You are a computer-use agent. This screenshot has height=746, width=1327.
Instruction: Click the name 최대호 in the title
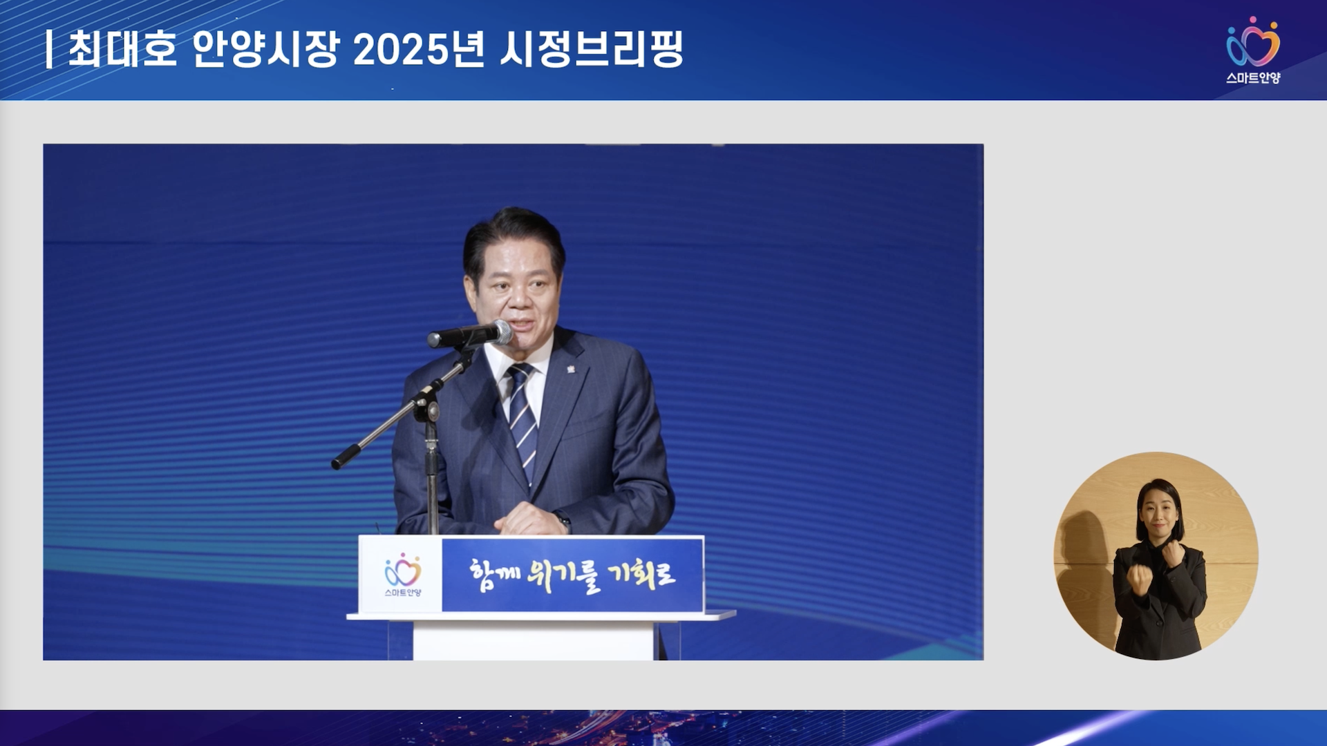click(123, 49)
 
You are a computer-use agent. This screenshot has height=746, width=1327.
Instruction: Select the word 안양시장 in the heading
click(266, 49)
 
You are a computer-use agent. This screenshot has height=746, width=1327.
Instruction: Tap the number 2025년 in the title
click(419, 49)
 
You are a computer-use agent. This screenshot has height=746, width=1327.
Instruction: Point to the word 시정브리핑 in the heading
click(591, 49)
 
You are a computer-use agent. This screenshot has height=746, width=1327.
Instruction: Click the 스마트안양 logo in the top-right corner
click(1253, 50)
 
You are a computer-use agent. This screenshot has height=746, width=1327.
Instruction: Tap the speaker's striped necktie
click(523, 421)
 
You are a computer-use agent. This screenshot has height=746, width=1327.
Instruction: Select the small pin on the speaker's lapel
click(571, 369)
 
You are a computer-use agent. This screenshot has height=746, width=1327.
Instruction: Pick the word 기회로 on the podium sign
click(641, 573)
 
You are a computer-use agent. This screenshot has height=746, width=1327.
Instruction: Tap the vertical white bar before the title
click(49, 50)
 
